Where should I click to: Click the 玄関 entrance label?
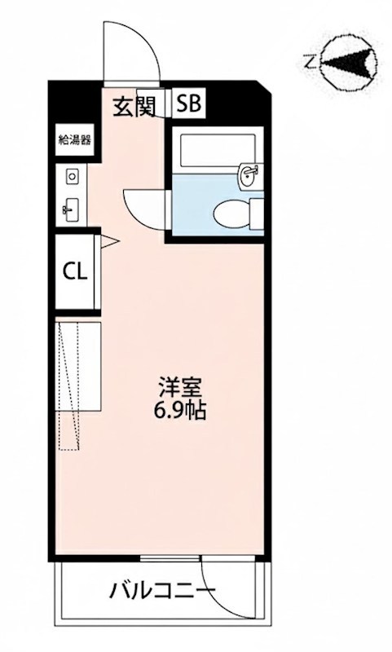pyautogui.click(x=134, y=105)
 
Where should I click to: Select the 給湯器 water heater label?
pyautogui.click(x=74, y=139)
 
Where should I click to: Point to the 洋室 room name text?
pyautogui.click(x=178, y=383)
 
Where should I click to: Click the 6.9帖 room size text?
pyautogui.click(x=178, y=409)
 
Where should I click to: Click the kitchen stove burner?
pyautogui.click(x=72, y=175)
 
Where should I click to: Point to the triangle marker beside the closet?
pyautogui.click(x=105, y=240)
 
